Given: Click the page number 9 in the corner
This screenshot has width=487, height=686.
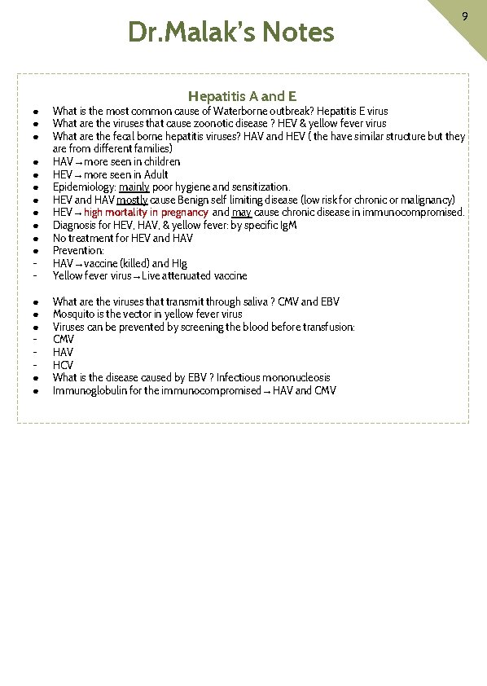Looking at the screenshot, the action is [x=464, y=16].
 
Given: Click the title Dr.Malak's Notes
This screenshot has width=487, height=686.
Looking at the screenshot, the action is [x=231, y=33].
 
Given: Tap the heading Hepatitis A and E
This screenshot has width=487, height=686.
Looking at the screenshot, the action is [x=243, y=96].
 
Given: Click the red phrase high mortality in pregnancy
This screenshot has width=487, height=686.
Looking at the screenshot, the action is [x=146, y=213].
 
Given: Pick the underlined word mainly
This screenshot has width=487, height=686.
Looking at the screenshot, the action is [x=134, y=187].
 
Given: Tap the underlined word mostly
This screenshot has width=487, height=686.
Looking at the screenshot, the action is [x=133, y=200].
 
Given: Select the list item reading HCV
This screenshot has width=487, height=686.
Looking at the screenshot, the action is [x=63, y=365].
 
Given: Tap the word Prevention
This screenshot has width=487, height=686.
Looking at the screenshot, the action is [x=77, y=251].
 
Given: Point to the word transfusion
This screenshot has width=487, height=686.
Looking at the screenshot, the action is [x=326, y=327].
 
